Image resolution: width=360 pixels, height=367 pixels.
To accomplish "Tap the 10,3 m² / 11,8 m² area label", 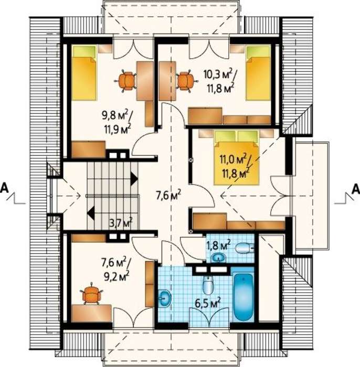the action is point(220,81).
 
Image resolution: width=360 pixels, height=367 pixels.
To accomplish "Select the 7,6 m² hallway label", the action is point(168,196).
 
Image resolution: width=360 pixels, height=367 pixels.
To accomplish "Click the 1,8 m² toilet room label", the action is point(218,245).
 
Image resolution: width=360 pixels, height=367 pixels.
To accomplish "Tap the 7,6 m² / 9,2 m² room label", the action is point(115,268).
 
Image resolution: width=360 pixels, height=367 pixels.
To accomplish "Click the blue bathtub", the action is point(243,297).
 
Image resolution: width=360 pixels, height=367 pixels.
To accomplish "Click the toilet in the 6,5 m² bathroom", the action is point(208,285).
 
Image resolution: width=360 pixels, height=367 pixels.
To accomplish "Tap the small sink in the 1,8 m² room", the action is point(219,258).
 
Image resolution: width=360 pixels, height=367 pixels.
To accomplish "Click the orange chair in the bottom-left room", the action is point(92,294).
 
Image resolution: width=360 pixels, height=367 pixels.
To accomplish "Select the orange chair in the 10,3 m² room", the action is point(185,81).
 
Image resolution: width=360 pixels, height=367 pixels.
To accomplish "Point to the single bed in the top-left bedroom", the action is point(84,73).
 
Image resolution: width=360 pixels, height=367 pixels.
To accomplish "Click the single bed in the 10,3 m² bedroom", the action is point(258,73).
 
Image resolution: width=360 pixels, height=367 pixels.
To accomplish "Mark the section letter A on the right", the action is point(356,189).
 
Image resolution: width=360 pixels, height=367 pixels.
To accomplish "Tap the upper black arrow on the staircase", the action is point(134,179).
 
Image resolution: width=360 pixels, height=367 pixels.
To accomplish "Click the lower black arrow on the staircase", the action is point(91,213).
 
